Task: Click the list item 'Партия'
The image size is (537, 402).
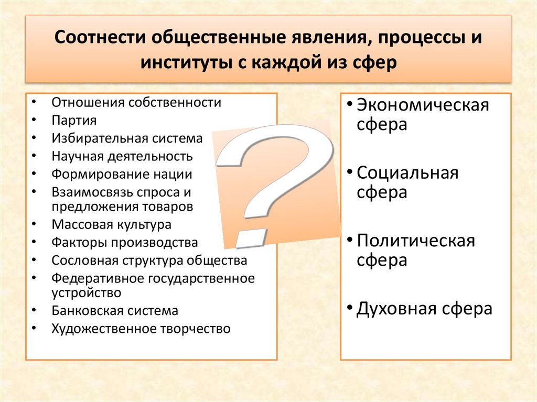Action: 74,121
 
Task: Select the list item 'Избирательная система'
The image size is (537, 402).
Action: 126,138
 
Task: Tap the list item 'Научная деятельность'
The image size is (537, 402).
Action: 122,156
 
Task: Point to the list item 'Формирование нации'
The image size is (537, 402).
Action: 122,174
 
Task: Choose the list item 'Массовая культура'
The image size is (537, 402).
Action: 111,225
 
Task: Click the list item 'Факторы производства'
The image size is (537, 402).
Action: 125,243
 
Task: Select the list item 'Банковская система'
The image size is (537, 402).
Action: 115,311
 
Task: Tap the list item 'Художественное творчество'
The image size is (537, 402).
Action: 141,329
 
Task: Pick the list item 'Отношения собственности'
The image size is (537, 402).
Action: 136,102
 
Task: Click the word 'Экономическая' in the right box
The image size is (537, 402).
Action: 423,105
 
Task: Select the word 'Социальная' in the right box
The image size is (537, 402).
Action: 407,173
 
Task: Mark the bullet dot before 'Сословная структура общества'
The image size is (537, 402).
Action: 34,260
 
